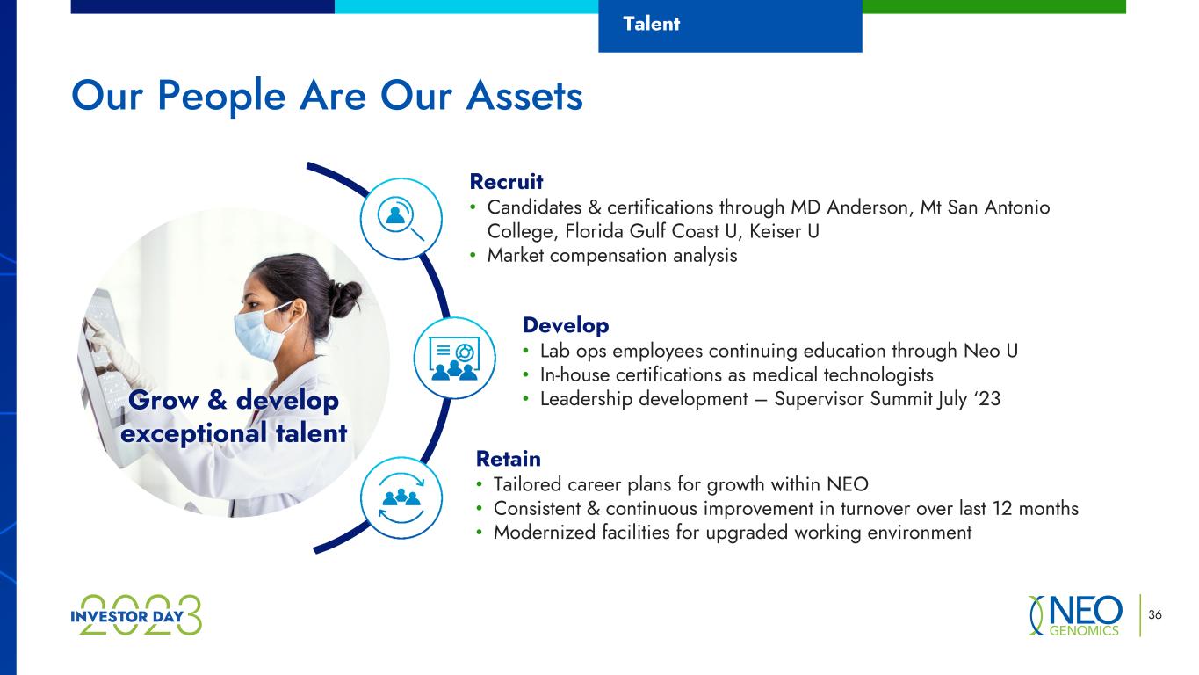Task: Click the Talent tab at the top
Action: [730, 25]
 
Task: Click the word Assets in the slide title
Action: [524, 97]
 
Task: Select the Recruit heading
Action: [506, 182]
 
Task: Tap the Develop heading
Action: [566, 326]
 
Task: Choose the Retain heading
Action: [509, 459]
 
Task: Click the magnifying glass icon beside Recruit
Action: [401, 219]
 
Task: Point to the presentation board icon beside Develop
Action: [454, 358]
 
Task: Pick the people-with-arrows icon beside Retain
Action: [401, 497]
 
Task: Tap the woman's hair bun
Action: [346, 298]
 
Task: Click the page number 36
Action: [1155, 614]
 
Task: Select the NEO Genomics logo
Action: [1075, 615]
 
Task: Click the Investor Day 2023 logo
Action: [136, 615]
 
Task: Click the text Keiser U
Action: [784, 231]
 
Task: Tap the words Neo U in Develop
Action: [991, 351]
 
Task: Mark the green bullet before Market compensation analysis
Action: [473, 256]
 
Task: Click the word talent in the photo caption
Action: [311, 432]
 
